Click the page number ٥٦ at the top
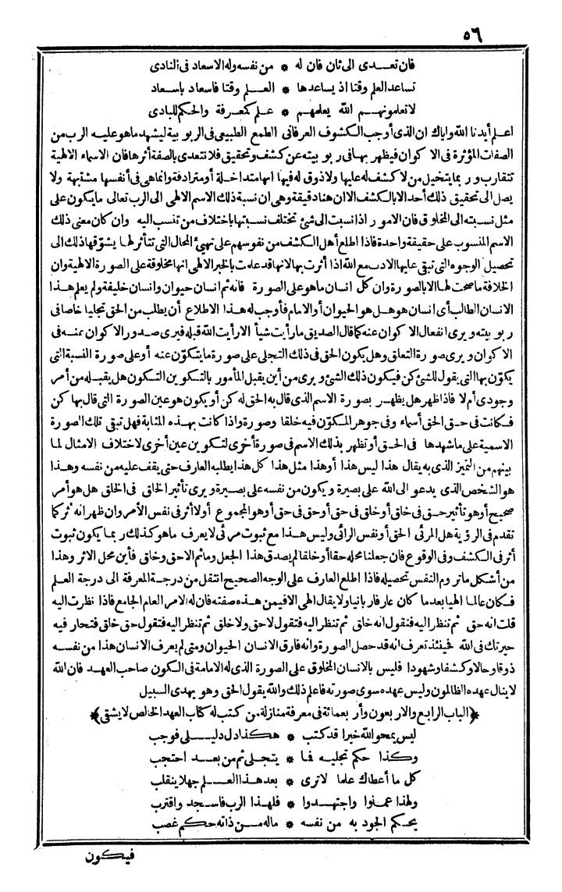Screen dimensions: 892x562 (x=468, y=37)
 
